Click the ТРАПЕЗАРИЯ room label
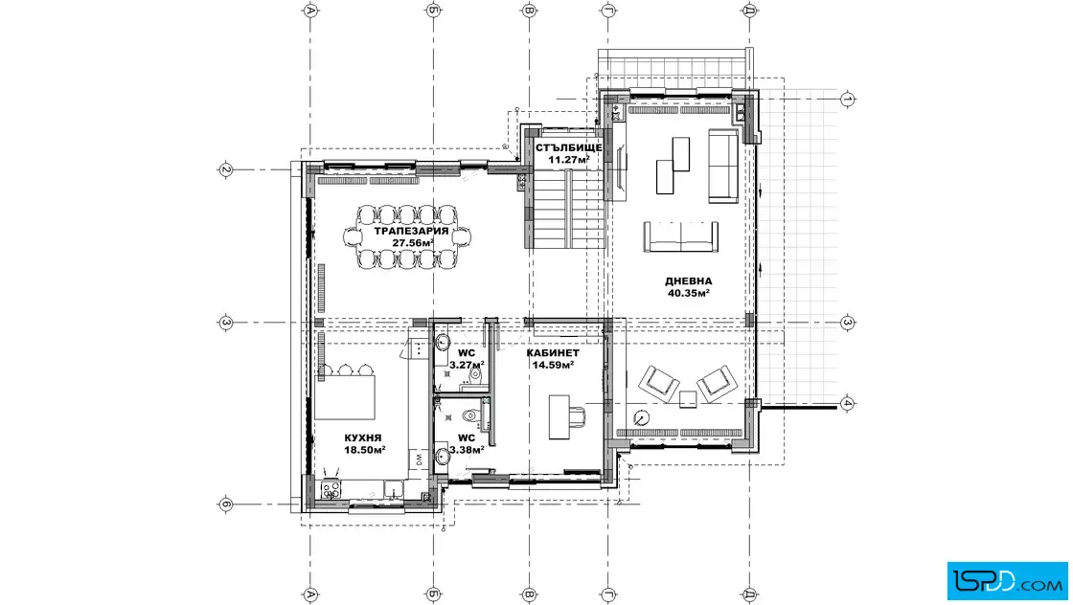pos(411,231)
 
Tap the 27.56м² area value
pos(413,243)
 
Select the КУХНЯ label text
pos(363,438)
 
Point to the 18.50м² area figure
pos(364,450)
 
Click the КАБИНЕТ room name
pos(553,353)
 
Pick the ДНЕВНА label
pos(689,281)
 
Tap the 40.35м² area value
pos(689,293)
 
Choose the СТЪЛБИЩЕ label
pos(569,147)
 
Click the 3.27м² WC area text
pos(467,365)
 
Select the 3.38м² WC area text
pos(467,450)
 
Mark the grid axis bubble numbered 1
pos(847,100)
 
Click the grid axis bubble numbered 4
pos(847,403)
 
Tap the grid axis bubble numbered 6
pos(226,505)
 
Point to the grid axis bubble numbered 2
pos(226,169)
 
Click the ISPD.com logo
pos(1007,581)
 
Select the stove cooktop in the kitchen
pos(331,488)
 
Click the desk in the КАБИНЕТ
pos(559,417)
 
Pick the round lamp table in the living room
pos(641,417)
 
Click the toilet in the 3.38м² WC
pos(469,415)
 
